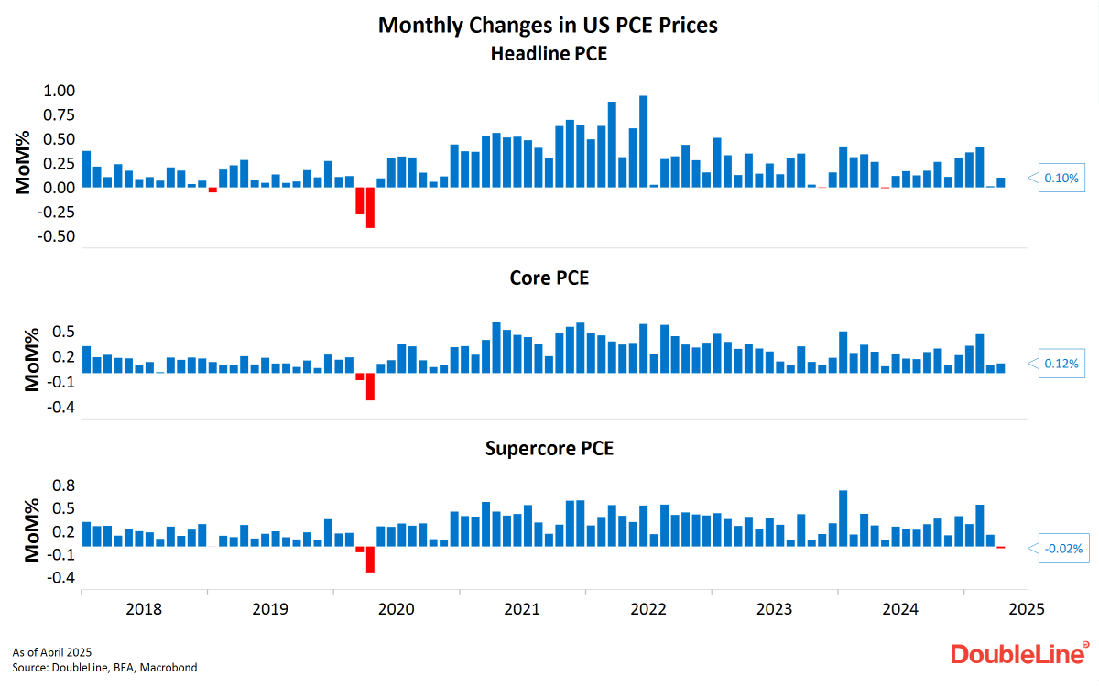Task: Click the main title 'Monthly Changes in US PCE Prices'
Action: (x=548, y=25)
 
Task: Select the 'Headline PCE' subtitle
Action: (x=549, y=53)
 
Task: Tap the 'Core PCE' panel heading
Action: (x=549, y=278)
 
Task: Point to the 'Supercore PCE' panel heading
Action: (x=549, y=449)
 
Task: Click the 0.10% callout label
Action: (x=1061, y=178)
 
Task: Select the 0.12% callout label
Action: (x=1061, y=364)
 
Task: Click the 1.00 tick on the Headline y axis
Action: (x=56, y=91)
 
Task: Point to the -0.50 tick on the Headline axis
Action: (x=54, y=236)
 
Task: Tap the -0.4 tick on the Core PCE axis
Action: (x=57, y=408)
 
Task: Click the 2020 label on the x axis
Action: (x=397, y=609)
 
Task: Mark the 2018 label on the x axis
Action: (x=144, y=609)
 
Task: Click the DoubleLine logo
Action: (x=1017, y=654)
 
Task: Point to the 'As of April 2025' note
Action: (x=52, y=652)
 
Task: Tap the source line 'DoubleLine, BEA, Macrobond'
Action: (x=104, y=668)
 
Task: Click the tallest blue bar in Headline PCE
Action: (x=644, y=141)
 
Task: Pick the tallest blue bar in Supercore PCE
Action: (x=843, y=518)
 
